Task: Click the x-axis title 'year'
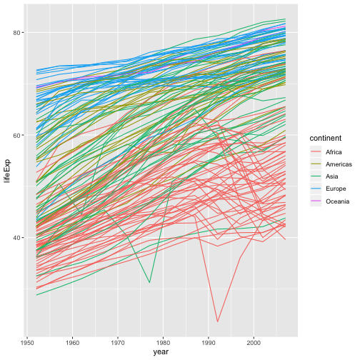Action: (x=160, y=352)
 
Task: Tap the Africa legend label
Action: (x=333, y=152)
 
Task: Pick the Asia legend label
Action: (x=331, y=177)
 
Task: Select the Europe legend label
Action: (x=335, y=189)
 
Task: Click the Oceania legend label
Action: (x=336, y=201)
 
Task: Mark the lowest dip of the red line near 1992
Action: (x=218, y=322)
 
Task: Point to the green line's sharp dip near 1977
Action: (x=149, y=283)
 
